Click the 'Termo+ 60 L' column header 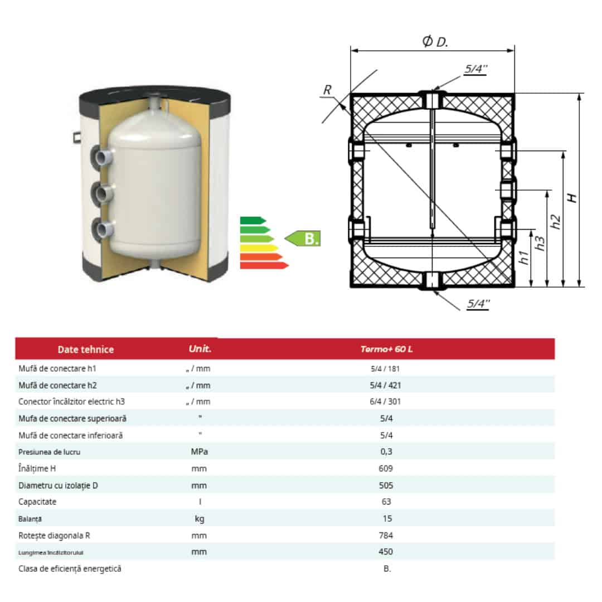coord(386,349)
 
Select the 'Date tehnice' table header coord(86,349)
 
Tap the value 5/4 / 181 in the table coord(385,368)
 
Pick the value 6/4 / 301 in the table coord(385,401)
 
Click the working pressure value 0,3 coord(386,452)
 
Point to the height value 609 coord(386,468)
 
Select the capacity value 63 coord(386,502)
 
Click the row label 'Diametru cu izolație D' coord(58,486)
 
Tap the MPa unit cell coord(199,452)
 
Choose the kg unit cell coord(199,519)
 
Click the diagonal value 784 coord(386,535)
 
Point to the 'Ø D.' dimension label coord(435,41)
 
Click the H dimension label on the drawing coord(572,198)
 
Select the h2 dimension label coord(555,222)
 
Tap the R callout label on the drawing coord(327,90)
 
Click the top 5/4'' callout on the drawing coord(475,69)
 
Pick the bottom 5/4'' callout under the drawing coord(478,304)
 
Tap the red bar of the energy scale coord(264,265)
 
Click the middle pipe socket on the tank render coord(103,193)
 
